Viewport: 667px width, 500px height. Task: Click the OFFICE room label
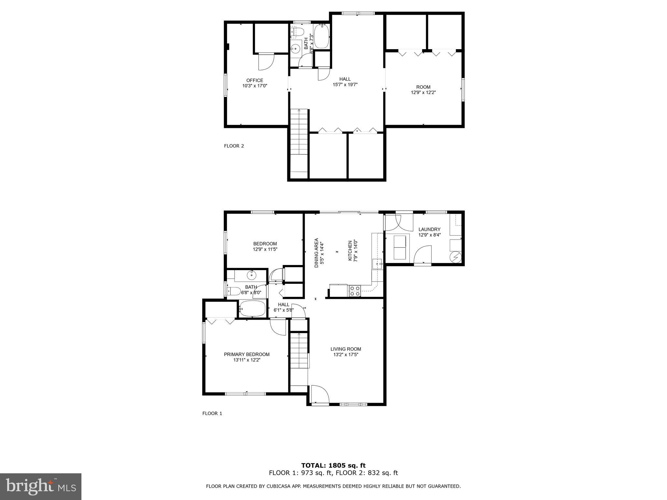point(255,80)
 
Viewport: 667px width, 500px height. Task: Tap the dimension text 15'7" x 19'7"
point(345,85)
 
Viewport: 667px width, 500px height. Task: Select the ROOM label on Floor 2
point(423,87)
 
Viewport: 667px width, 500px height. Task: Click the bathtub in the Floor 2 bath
point(321,37)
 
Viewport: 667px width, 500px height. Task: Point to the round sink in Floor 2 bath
point(296,49)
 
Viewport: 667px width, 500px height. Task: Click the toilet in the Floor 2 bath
point(297,32)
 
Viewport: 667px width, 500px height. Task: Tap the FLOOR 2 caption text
point(234,146)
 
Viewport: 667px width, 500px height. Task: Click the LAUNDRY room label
point(429,229)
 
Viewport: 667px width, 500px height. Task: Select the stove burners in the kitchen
point(355,291)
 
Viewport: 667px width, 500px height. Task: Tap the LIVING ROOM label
point(346,349)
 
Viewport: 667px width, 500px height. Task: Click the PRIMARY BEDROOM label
point(247,354)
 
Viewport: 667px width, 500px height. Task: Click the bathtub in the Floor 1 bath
point(253,308)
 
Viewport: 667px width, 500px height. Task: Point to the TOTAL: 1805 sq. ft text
point(333,465)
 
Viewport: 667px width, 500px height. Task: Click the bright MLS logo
point(41,486)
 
